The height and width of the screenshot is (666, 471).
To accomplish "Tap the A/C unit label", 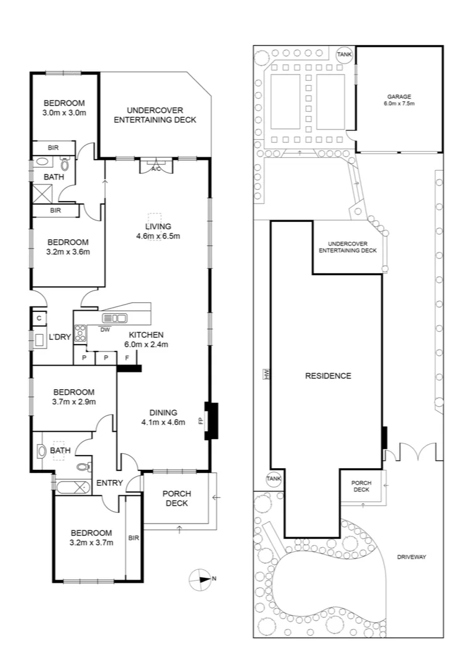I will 156,169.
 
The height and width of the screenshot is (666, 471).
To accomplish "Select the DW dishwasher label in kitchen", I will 105,329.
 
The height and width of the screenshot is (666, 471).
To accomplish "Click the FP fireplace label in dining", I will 200,421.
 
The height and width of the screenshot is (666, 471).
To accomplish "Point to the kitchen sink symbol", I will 115,318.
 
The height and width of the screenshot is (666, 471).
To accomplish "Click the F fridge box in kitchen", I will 127,358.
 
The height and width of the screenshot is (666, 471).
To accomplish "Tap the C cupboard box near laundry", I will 38,318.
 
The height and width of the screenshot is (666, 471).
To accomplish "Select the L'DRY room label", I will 60,337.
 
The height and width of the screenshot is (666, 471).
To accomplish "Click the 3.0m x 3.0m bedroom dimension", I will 63,113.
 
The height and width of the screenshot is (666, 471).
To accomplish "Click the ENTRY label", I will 110,482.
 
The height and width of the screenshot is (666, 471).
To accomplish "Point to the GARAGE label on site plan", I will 399,97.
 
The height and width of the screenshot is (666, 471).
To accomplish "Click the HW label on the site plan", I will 267,375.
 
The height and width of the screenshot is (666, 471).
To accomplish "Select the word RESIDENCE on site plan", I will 328,376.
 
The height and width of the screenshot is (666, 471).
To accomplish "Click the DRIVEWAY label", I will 412,557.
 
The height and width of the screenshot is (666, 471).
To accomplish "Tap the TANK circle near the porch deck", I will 273,479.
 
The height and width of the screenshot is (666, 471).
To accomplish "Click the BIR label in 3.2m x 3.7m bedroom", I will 134,538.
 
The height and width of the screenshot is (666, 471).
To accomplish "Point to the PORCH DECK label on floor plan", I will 177,498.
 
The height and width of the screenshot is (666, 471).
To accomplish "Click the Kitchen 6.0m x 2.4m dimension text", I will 146,344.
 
